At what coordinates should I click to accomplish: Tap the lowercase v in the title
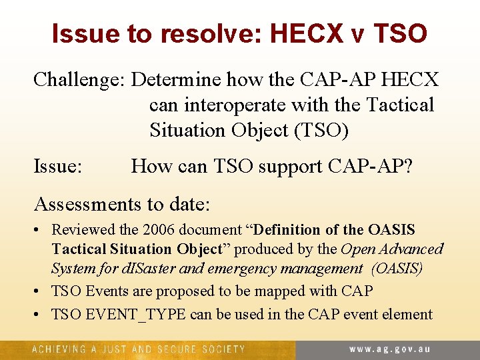coord(357,35)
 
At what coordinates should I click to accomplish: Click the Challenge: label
coord(79,80)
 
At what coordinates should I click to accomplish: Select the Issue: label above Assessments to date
coord(58,166)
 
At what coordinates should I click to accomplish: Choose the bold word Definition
coord(285,230)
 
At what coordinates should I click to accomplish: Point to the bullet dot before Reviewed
coord(39,231)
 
